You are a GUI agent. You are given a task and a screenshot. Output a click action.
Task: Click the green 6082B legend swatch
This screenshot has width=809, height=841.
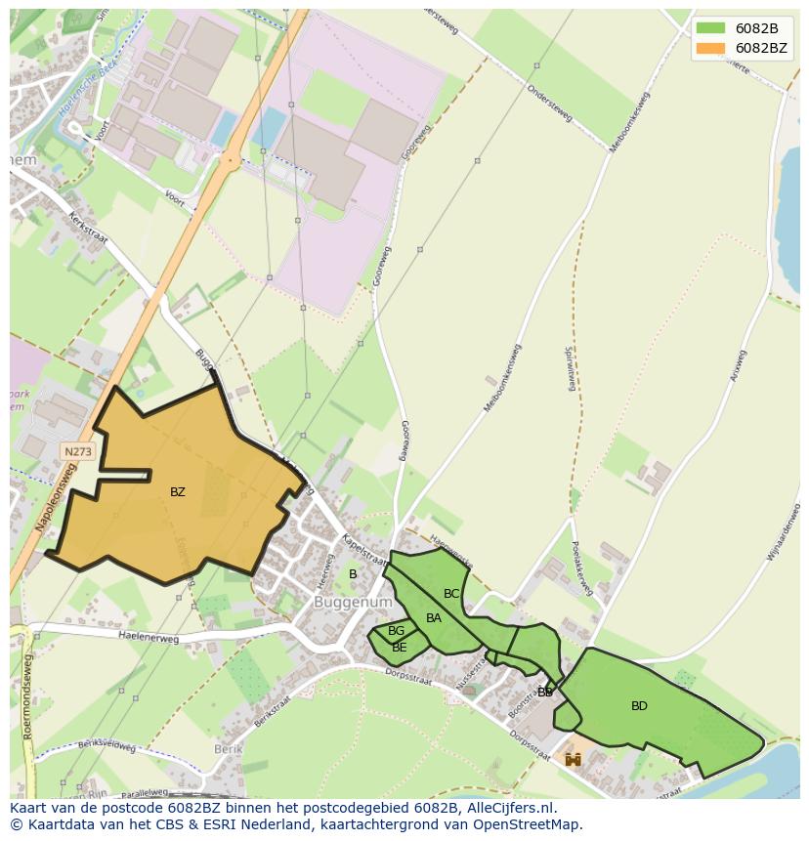click(x=710, y=27)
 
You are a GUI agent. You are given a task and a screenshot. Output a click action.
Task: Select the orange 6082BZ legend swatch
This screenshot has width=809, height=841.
click(x=710, y=48)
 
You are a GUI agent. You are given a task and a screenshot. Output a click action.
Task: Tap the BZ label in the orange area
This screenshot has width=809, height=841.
click(x=177, y=492)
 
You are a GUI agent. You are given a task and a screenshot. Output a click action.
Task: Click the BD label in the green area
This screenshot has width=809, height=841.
click(x=639, y=706)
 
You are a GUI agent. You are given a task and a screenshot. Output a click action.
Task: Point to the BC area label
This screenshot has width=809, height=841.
click(x=451, y=594)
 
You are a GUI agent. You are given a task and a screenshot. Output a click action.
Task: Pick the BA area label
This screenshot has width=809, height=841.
click(x=434, y=618)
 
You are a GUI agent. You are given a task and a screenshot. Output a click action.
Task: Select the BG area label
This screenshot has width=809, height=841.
click(x=396, y=632)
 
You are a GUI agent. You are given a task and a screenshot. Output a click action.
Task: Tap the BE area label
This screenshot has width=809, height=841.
click(x=399, y=648)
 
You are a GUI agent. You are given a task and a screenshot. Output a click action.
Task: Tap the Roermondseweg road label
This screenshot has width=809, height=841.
click(x=28, y=701)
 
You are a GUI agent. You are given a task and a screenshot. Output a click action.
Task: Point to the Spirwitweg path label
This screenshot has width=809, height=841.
click(x=570, y=372)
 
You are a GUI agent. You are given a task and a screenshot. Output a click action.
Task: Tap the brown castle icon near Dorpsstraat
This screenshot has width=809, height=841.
click(x=573, y=758)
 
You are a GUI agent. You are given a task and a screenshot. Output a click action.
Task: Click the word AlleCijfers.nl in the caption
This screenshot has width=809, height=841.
click(x=506, y=809)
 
